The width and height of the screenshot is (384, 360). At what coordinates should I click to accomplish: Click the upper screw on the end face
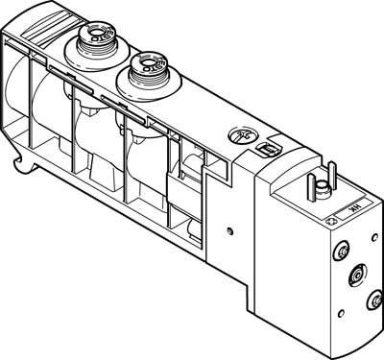[x=342, y=252]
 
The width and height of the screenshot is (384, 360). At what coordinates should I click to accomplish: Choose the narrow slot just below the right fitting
[x=125, y=102]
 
